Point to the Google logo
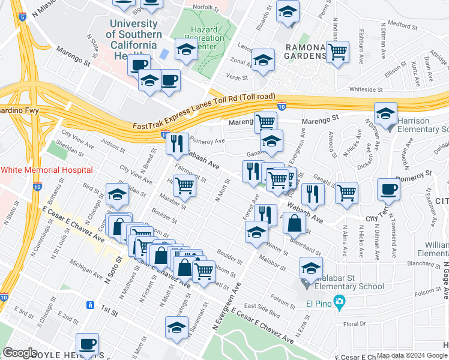point(20,353)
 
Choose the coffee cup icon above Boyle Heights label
point(88,344)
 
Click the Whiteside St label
point(366,89)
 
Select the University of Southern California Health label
point(134,40)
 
